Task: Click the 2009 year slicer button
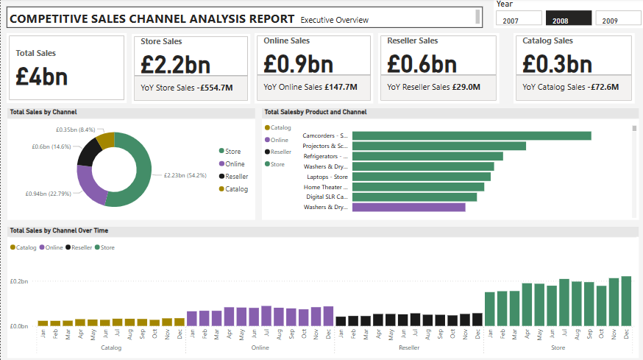pyautogui.click(x=617, y=18)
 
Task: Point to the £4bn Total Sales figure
pyautogui.click(x=42, y=76)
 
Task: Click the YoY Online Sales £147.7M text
pyautogui.click(x=310, y=88)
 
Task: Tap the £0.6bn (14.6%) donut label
pyautogui.click(x=51, y=147)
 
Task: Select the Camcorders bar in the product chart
pyautogui.click(x=472, y=135)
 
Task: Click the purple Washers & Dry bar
pyautogui.click(x=408, y=208)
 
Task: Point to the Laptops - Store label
pyautogui.click(x=327, y=177)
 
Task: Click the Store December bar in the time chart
pyautogui.click(x=626, y=301)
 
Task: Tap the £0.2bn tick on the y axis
pyautogui.click(x=19, y=281)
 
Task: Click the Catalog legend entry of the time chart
pyautogui.click(x=24, y=247)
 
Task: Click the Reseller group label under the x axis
pyautogui.click(x=408, y=347)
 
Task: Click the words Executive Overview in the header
pyautogui.click(x=335, y=20)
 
